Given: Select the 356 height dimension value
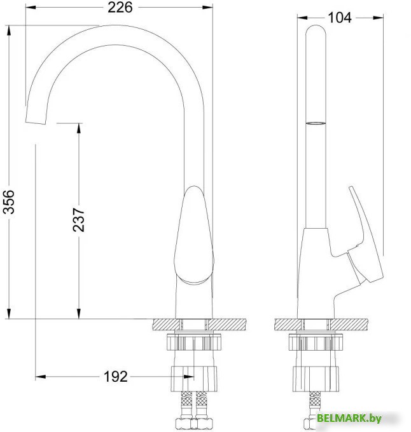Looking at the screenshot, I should (10, 203).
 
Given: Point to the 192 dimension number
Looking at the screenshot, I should (115, 377).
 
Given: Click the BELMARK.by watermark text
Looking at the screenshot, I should (349, 417).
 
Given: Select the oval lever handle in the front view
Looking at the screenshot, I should (195, 235).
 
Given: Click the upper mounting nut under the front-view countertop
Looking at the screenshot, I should (193, 343).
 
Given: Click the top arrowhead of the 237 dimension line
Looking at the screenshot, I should (79, 128).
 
